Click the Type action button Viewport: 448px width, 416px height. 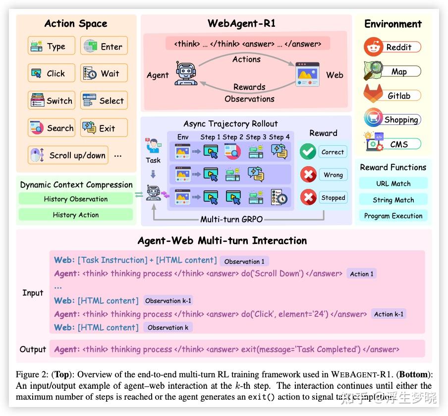52,46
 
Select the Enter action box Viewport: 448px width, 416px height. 104,46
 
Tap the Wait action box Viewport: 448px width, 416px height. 104,73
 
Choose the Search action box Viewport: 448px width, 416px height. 52,128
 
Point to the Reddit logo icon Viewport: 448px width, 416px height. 373,47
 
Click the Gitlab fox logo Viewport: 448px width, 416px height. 373,95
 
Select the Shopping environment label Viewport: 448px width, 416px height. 401,119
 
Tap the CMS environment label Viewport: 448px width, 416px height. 399,144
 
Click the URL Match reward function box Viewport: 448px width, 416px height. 393,183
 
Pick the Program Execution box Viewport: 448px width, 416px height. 393,216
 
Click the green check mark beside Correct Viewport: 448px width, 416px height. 308,152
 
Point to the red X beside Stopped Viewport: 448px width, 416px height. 308,197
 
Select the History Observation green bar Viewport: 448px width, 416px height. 76,199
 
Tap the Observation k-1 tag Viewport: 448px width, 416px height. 168,300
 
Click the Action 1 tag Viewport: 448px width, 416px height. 362,274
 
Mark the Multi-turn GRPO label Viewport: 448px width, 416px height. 232,219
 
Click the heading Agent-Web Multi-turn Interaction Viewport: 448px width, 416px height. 222,241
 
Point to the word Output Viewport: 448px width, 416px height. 33,349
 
